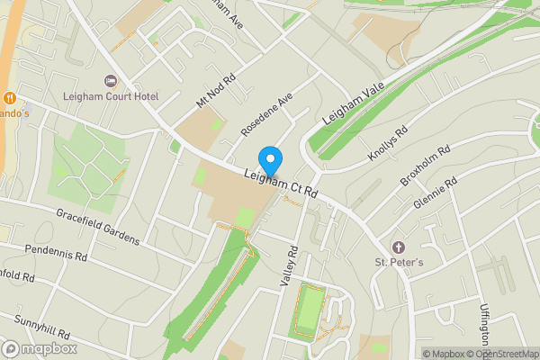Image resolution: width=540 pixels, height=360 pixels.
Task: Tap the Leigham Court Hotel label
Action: pos(111,96)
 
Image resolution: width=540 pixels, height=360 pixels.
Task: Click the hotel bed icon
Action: pos(111,81)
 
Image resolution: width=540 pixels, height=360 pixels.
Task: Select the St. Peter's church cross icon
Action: pos(398,247)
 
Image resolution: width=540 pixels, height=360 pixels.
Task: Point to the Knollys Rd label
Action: pos(388,142)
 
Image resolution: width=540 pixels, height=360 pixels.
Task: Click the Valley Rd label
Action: pos(289,266)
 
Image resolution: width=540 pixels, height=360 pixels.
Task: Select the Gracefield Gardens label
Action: pos(97,227)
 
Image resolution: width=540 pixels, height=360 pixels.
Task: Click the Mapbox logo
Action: pos(39,348)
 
